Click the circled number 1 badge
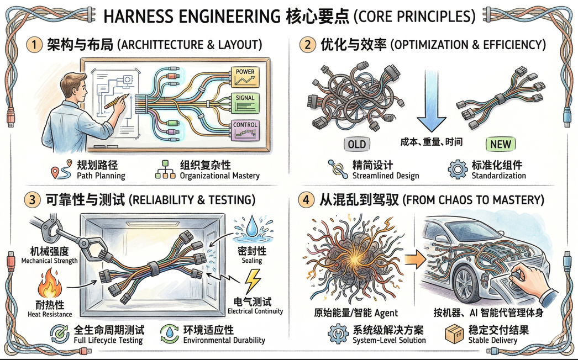coord(34,44)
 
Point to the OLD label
coord(356,144)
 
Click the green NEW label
coord(500,144)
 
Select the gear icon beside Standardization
coord(458,170)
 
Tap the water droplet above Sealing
coord(252,228)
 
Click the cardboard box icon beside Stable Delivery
coord(454,333)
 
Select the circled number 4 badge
coord(307,199)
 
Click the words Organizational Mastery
coord(220,176)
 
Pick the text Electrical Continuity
coord(255,311)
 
